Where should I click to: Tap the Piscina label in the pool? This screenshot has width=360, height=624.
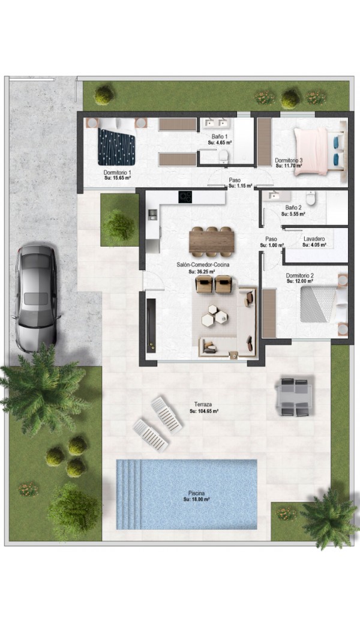coord(197,493)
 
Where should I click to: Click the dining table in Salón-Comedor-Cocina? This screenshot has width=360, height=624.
coord(212,242)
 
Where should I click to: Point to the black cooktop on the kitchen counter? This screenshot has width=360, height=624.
coord(185,196)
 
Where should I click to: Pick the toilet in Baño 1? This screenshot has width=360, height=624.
coord(224,156)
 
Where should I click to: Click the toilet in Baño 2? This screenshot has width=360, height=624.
coord(311,198)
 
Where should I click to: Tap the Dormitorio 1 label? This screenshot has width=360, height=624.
coord(118,173)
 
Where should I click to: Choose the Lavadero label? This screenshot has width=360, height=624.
coord(314,239)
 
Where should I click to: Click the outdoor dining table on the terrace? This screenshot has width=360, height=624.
coord(295,397)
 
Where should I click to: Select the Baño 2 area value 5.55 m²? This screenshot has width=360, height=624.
coord(293,214)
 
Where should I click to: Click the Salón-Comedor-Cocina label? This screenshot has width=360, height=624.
coord(203,264)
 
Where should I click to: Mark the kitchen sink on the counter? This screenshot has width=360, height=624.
coord(152,215)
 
